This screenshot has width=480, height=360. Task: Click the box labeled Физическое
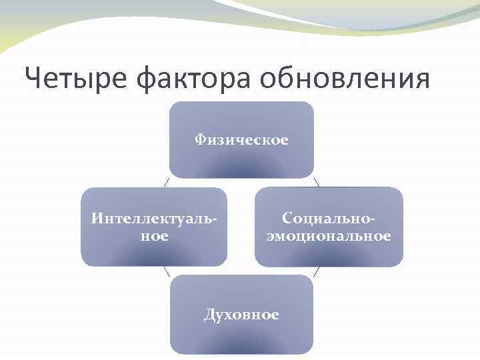[x=241, y=160]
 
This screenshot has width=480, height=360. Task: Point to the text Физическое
[x=241, y=140]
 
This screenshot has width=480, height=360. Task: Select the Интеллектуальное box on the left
[x=154, y=247]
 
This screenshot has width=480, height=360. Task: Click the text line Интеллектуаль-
[x=154, y=219]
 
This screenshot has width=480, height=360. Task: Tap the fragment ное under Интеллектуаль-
[x=154, y=236]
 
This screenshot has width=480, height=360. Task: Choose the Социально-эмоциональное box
[x=329, y=247]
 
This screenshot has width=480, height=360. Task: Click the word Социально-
[x=329, y=219]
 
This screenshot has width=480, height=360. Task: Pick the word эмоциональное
[x=329, y=236]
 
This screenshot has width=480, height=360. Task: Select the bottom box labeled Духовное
[x=241, y=330]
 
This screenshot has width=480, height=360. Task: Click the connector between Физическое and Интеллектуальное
[x=166, y=182]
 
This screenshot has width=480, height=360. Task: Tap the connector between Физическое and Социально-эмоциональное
[x=317, y=182]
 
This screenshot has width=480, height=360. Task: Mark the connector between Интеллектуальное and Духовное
[x=166, y=271]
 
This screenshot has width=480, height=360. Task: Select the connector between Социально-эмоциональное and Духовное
[x=317, y=271]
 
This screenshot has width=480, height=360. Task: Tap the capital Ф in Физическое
[x=199, y=140]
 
